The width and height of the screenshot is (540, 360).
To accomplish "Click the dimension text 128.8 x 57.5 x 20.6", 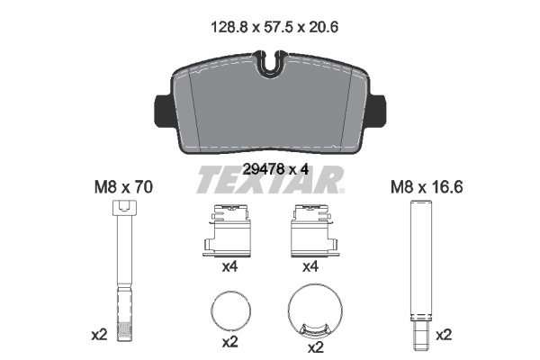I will (x=270, y=27).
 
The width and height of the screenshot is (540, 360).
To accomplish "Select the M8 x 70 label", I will (x=124, y=188).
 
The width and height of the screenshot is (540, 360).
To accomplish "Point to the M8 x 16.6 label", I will (x=419, y=188).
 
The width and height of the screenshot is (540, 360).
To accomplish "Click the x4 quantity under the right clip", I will (x=311, y=267).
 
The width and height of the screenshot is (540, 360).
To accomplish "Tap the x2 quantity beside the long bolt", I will (x=99, y=334).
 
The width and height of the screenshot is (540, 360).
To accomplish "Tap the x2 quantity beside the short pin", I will (x=444, y=334).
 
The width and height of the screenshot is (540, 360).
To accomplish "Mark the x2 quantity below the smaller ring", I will (x=229, y=343).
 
